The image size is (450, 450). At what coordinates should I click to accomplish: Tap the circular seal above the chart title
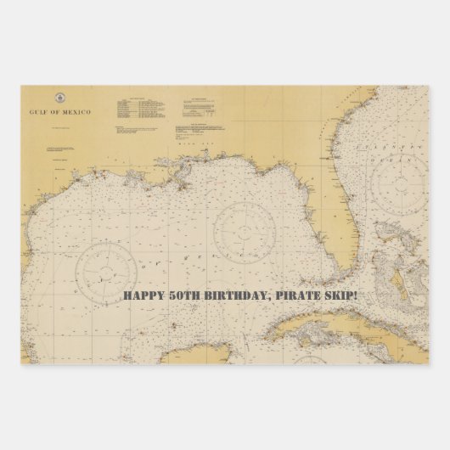[59, 98]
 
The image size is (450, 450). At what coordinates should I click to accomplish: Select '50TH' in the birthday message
[187, 296]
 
